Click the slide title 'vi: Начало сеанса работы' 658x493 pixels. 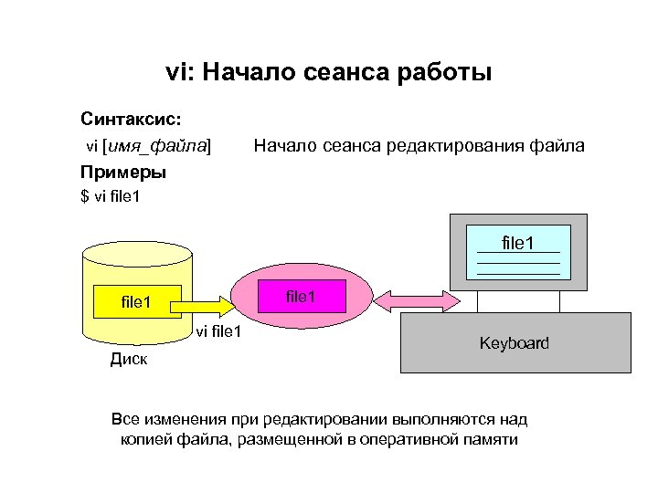click(x=328, y=72)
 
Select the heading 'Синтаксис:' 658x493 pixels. click(x=131, y=119)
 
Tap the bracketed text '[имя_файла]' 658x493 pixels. click(x=156, y=145)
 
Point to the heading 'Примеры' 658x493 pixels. click(x=123, y=172)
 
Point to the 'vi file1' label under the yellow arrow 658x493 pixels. click(x=218, y=331)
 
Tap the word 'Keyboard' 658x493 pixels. click(x=515, y=343)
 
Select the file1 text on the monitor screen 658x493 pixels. click(x=518, y=243)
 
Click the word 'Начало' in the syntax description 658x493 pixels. click(x=283, y=145)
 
